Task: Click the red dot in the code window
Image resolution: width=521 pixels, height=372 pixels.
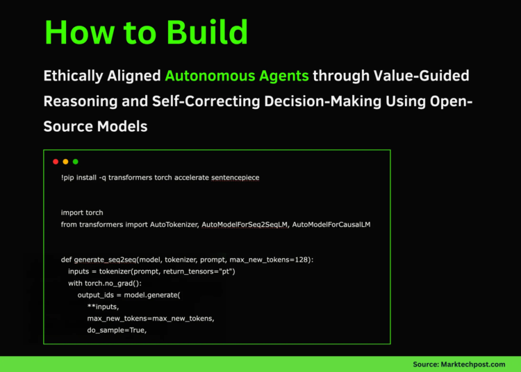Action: click(56, 162)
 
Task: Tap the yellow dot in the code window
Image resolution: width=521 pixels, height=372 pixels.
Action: click(65, 162)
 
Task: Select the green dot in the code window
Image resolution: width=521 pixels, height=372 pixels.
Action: click(75, 162)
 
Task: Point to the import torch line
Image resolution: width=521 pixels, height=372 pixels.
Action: click(82, 212)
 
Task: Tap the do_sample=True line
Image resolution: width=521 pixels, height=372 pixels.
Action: click(117, 330)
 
